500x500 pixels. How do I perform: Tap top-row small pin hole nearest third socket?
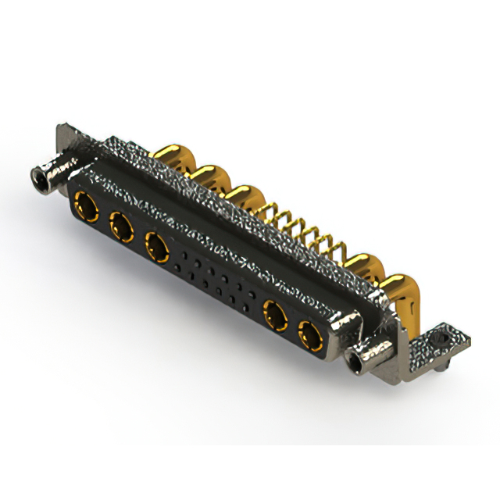pyautogui.click(x=184, y=255)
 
